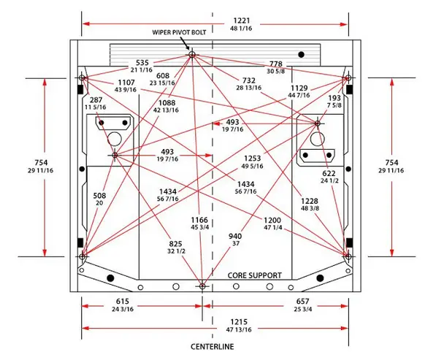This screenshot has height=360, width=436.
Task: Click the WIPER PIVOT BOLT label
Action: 179,32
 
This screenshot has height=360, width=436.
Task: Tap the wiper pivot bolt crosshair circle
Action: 192,55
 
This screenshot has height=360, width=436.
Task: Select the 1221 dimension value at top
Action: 241,20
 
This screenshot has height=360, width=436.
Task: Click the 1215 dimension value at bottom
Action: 239,322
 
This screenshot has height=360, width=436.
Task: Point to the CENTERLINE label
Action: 213,347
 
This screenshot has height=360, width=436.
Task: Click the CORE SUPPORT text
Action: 254,275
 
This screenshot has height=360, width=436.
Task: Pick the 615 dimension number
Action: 123,301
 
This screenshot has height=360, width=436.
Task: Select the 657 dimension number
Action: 302,301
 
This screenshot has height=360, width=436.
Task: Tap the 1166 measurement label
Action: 199,220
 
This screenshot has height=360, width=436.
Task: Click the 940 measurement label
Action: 235,237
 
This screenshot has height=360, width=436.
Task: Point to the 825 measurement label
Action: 175,244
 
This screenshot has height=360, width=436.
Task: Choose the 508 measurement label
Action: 99,196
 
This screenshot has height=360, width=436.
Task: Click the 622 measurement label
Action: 329,174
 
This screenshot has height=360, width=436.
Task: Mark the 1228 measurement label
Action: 309,201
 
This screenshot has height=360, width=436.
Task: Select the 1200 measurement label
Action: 272,220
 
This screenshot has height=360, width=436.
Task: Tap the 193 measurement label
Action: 334,98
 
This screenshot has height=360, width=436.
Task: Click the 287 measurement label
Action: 96,99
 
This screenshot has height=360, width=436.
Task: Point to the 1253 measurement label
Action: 253,158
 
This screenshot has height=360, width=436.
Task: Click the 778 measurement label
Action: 276,64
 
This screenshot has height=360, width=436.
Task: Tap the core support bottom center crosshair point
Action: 202,286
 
